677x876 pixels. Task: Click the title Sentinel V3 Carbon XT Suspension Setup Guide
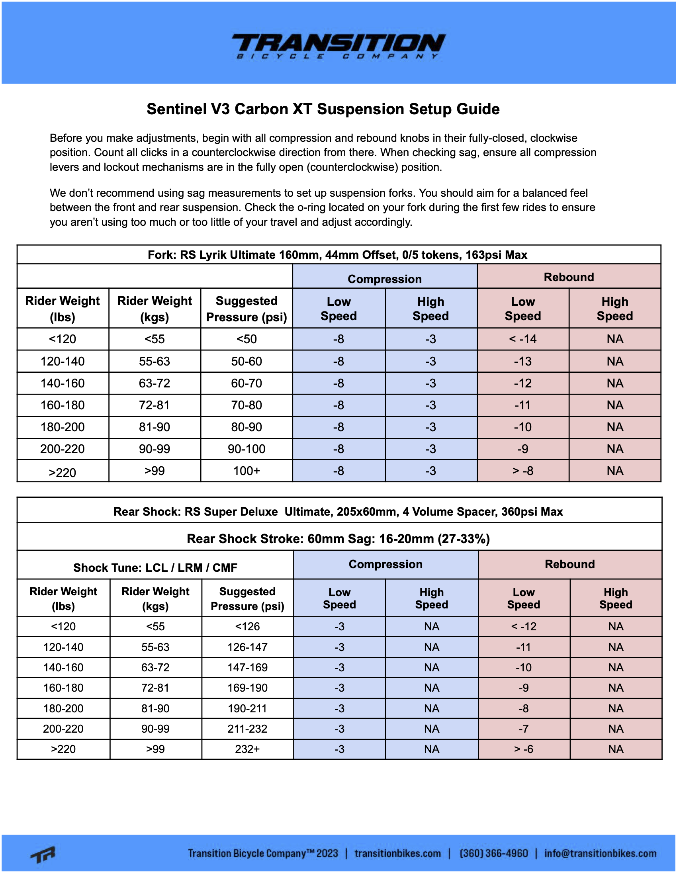tap(323, 109)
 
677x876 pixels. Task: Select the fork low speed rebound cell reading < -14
tap(522, 339)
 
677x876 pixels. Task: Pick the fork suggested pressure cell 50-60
tap(246, 362)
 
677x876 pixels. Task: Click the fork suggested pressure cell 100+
tap(246, 471)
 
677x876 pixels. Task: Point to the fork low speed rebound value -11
tap(522, 405)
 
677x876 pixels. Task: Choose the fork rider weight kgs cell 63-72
tap(155, 383)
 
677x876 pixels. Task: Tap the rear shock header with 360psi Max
tap(338, 512)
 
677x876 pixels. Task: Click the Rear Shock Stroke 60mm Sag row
tap(338, 539)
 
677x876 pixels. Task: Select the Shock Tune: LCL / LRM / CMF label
tap(155, 568)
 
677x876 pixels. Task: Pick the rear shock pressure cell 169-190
tap(247, 688)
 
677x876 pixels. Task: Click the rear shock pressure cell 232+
tap(247, 749)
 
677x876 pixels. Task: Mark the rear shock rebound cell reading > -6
tap(523, 749)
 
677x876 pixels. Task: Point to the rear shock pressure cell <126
tap(247, 626)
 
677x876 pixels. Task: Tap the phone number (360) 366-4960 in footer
tap(493, 853)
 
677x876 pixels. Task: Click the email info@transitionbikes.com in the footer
tap(600, 853)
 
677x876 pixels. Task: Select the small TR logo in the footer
tap(43, 854)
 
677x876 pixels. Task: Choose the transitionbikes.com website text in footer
tap(397, 853)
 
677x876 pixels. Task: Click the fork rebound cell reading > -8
tap(522, 471)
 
